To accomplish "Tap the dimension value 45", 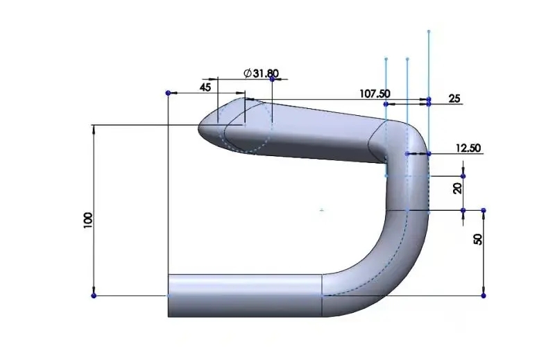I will (205, 87).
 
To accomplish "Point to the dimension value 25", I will (454, 99).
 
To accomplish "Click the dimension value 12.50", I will (468, 148).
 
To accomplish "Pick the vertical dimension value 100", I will (88, 221).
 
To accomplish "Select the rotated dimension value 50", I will (477, 239).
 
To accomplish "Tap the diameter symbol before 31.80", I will (248, 73).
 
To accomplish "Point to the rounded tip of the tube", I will (203, 128).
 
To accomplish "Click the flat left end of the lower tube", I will (169, 295).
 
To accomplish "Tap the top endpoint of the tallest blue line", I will (429, 31).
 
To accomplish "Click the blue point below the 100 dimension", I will (94, 295).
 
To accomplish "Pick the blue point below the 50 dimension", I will (484, 295).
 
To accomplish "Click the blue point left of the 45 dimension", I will (168, 92).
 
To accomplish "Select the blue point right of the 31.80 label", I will (272, 79).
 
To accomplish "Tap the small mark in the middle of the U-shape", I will (321, 209).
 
